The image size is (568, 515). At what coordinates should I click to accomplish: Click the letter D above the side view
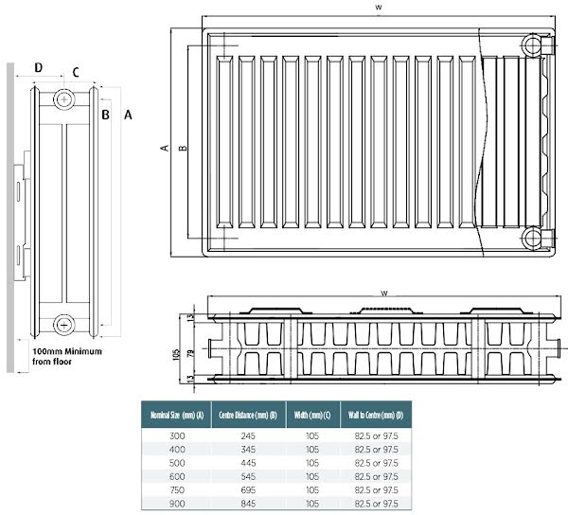click(39, 67)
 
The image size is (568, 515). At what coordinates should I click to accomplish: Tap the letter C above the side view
click(76, 71)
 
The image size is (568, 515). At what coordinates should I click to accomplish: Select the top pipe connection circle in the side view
click(64, 98)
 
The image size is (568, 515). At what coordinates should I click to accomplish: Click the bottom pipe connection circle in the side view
click(64, 323)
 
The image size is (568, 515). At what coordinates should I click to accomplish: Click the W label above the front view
click(378, 8)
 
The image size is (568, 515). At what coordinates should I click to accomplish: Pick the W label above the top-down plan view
click(382, 293)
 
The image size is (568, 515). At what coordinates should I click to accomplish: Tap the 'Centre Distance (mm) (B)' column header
click(248, 415)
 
